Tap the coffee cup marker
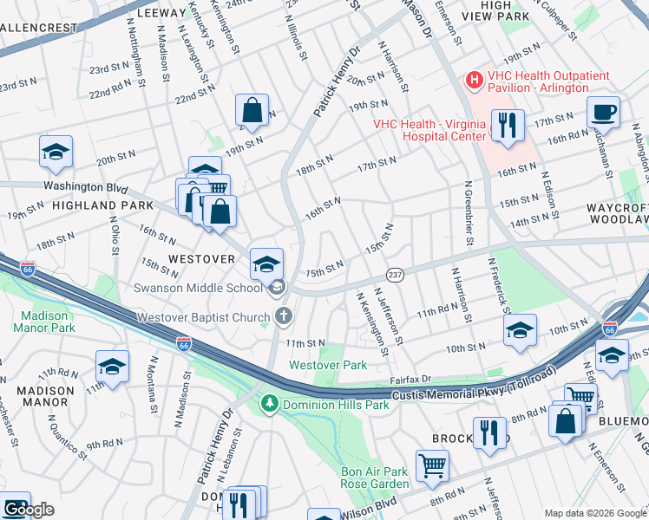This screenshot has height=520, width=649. (603, 113)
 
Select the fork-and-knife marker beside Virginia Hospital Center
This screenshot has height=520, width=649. (507, 126)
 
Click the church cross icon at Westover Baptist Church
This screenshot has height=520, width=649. (281, 317)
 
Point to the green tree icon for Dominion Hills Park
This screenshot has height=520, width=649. (270, 404)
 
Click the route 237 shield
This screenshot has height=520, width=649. (394, 273)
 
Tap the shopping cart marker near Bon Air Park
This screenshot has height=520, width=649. (431, 466)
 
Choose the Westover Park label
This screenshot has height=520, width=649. (328, 366)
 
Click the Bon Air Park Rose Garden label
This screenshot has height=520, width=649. (374, 478)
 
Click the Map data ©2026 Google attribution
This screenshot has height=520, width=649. (595, 513)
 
